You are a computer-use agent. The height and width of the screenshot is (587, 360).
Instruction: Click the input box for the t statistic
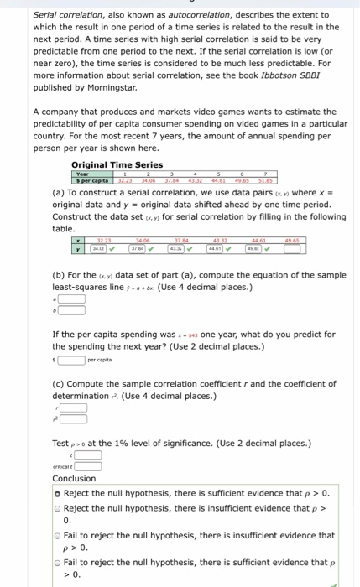pyautogui.click(x=89, y=455)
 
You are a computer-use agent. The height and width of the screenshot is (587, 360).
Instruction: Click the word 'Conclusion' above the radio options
pyautogui.click(x=74, y=479)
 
